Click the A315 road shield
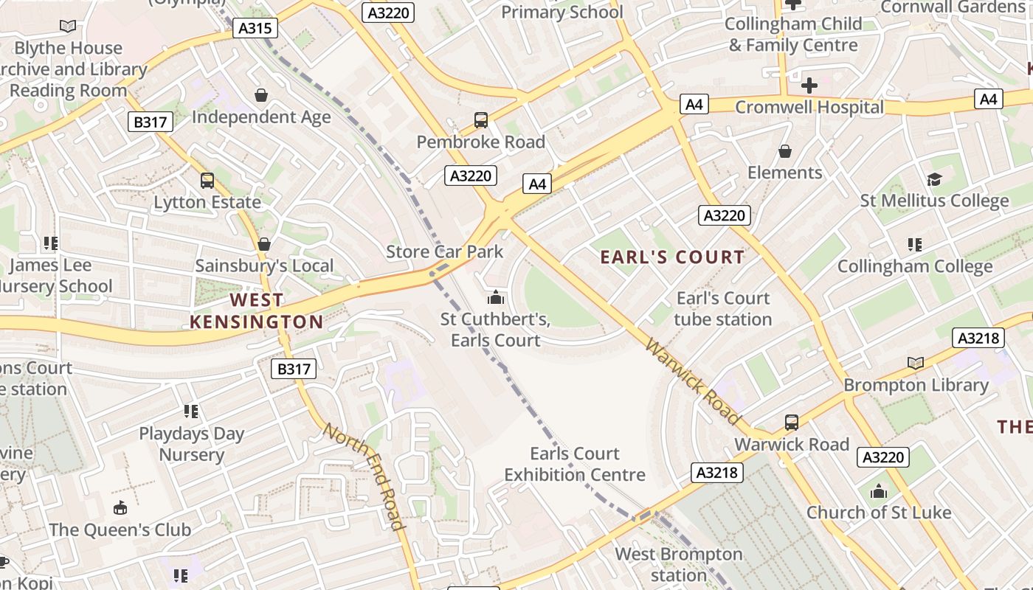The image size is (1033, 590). [x=256, y=29]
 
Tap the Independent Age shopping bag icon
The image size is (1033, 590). [x=260, y=95]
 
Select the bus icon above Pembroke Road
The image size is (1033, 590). [x=481, y=120]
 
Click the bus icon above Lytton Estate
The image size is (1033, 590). [x=207, y=181]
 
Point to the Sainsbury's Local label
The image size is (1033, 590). [x=264, y=265]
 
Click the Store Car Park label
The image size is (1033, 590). [x=445, y=251]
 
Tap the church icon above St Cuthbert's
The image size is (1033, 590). [x=495, y=298]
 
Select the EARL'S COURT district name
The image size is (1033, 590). [x=672, y=257]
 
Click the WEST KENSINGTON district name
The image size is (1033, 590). [x=256, y=310]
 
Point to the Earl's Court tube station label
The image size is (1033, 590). [x=723, y=309]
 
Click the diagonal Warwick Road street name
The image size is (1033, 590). [x=692, y=381]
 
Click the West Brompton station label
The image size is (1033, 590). [x=679, y=564]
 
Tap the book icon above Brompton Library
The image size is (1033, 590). [x=916, y=363]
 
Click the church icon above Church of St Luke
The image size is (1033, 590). [x=878, y=491]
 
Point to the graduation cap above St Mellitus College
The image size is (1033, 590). [x=934, y=179]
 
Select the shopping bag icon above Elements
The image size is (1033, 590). [x=784, y=151]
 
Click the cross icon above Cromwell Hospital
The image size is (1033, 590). [x=809, y=85]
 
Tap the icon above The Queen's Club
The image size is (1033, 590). [x=120, y=507]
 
